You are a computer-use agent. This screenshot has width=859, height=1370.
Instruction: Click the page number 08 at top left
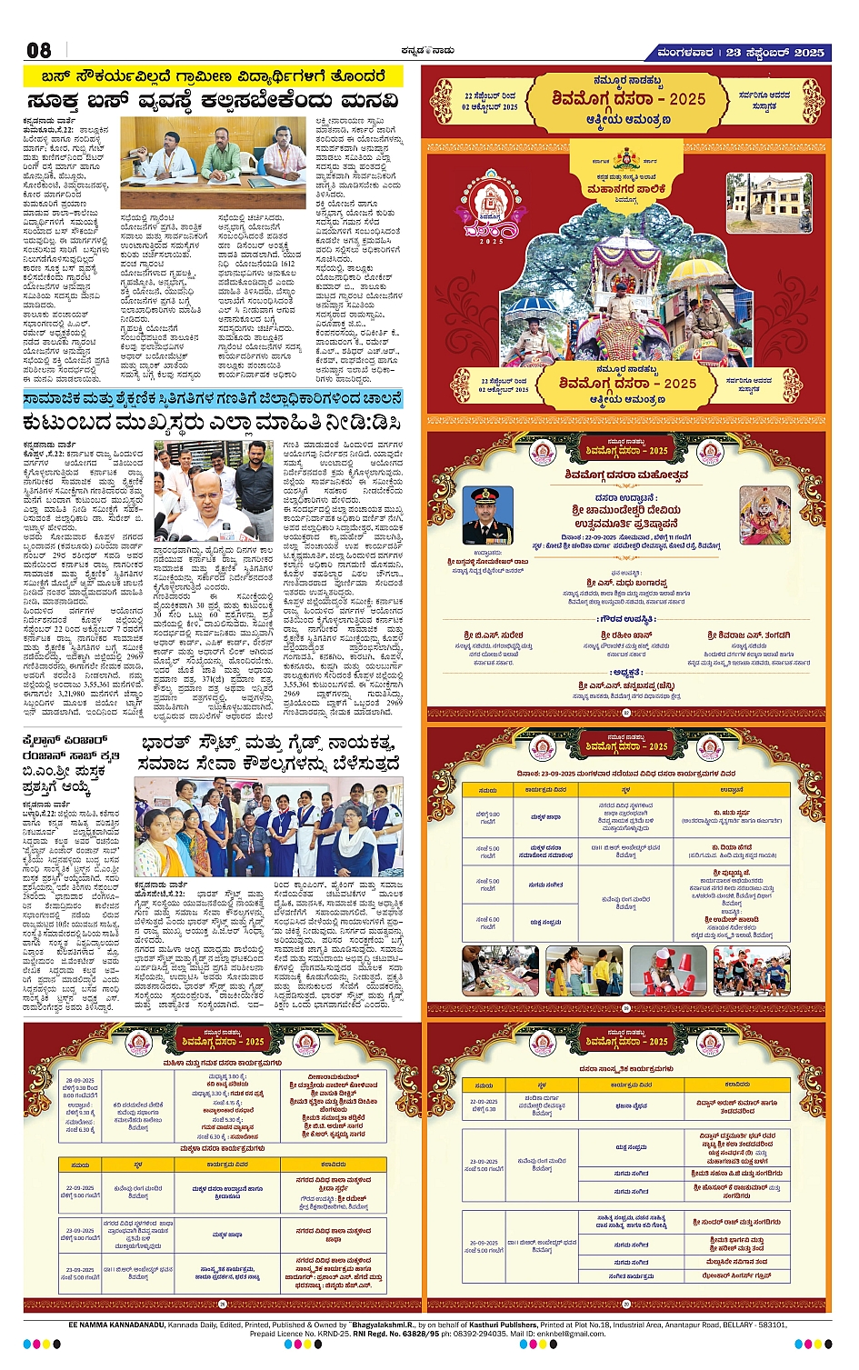(39, 50)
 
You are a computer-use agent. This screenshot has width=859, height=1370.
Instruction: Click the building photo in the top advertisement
(768, 203)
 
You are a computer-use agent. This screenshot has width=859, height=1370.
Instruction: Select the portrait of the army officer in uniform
(487, 515)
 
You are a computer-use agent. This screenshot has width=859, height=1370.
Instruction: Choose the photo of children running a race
(751, 970)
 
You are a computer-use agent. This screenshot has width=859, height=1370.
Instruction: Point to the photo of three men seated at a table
(214, 161)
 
